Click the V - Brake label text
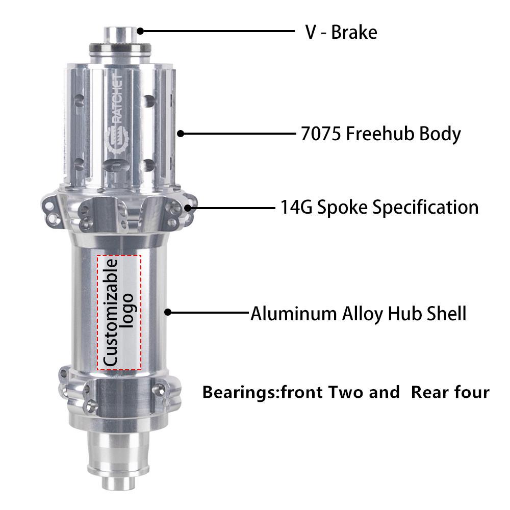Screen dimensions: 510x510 [x=341, y=33]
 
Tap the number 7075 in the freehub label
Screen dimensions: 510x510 [x=321, y=134]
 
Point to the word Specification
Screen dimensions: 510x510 [x=425, y=208]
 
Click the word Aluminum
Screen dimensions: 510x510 [x=294, y=314]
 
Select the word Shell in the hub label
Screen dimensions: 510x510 [x=447, y=314]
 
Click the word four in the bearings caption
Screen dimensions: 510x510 [x=472, y=392]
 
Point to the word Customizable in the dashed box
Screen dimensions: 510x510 [x=110, y=312]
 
